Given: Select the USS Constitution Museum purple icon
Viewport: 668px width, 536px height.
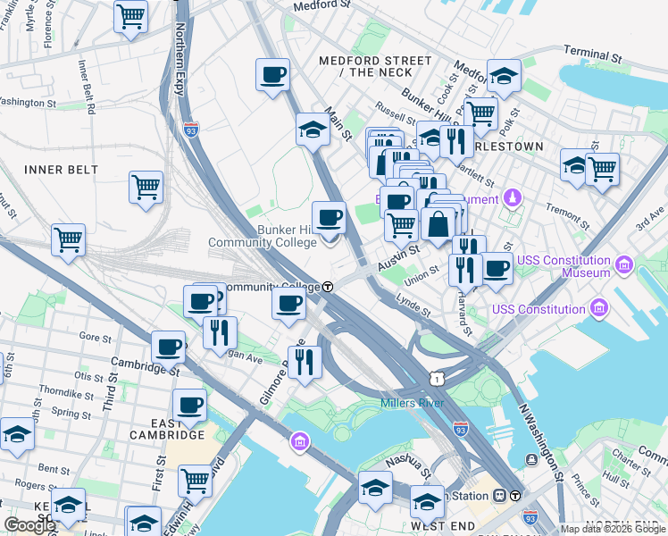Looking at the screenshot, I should coord(623,264).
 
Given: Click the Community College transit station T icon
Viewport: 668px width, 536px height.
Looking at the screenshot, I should coord(329,287).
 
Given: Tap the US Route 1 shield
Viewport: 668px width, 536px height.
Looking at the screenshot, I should coord(436,380).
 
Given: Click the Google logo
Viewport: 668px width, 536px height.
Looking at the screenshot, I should coord(29,525).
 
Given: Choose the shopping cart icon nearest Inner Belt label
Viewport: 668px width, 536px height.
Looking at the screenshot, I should coord(146,188).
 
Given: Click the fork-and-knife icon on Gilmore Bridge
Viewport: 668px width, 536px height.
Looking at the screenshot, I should coord(305,362).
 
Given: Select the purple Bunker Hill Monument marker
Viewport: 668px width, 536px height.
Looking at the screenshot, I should coord(514,197).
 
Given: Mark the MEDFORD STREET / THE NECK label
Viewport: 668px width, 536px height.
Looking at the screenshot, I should coord(376,66).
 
